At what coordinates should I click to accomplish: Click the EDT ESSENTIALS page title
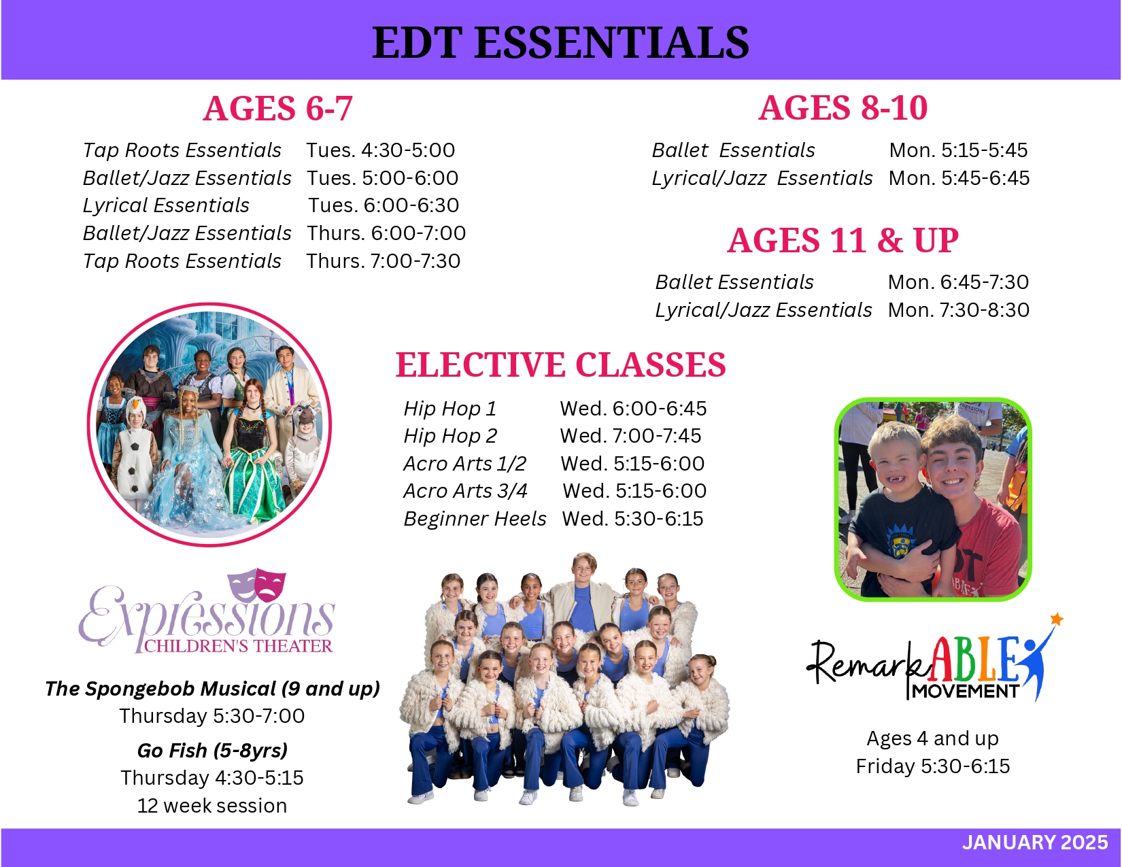pyautogui.click(x=560, y=42)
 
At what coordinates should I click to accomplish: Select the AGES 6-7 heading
pyautogui.click(x=277, y=109)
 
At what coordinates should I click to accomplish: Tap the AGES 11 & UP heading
pyautogui.click(x=843, y=240)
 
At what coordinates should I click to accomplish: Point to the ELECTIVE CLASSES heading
pyautogui.click(x=560, y=364)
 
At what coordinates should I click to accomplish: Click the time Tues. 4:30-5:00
pyautogui.click(x=380, y=150)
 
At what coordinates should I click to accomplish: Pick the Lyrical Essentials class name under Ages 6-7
pyautogui.click(x=166, y=205)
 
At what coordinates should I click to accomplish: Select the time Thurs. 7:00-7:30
pyautogui.click(x=383, y=261)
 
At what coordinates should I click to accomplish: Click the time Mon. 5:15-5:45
pyautogui.click(x=958, y=150)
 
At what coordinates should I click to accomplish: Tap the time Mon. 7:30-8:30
pyautogui.click(x=958, y=310)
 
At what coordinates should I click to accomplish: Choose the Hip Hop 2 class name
pyautogui.click(x=450, y=436)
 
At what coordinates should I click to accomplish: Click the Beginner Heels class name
pyautogui.click(x=475, y=519)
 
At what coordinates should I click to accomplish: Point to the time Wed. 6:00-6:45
pyautogui.click(x=633, y=409)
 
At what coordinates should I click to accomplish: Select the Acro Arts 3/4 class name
pyautogui.click(x=465, y=491)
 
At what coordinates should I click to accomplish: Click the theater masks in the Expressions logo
pyautogui.click(x=256, y=583)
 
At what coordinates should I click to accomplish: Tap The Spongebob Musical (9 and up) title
pyautogui.click(x=212, y=689)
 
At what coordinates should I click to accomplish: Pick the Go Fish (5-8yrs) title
pyautogui.click(x=212, y=751)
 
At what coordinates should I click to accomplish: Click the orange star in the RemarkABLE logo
pyautogui.click(x=1056, y=619)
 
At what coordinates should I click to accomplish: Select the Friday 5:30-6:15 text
pyautogui.click(x=932, y=766)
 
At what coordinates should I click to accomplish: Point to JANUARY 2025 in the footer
pyautogui.click(x=1034, y=843)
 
